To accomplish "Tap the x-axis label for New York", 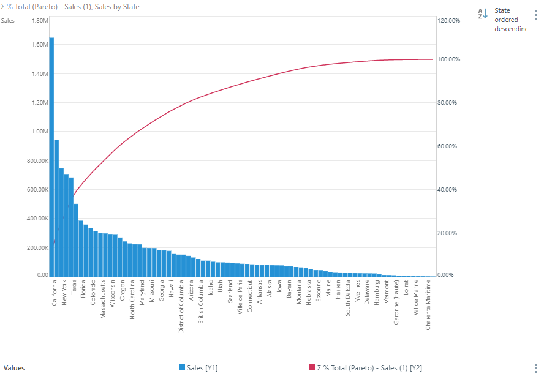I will (64, 293).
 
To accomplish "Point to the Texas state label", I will (74, 288).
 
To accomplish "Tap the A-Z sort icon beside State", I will (483, 13).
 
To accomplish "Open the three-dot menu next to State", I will (535, 13).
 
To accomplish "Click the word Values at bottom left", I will (14, 367).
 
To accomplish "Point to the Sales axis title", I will (8, 21).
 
